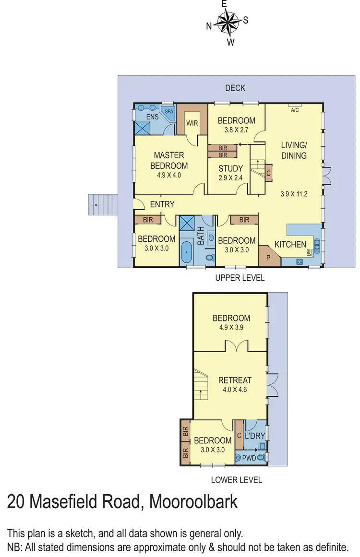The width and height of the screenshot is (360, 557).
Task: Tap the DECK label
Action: pyautogui.click(x=235, y=88)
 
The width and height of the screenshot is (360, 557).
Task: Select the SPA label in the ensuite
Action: pyautogui.click(x=169, y=111)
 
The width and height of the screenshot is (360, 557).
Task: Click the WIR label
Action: pyautogui.click(x=192, y=123)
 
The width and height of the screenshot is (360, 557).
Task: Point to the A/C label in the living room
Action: pyautogui.click(x=295, y=109)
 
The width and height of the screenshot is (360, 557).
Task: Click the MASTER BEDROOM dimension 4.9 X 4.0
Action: pyautogui.click(x=169, y=175)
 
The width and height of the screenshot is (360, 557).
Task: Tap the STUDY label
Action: pyautogui.click(x=231, y=169)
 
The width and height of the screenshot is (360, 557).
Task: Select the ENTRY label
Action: pyautogui.click(x=162, y=204)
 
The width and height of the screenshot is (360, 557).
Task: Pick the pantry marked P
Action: pyautogui.click(x=267, y=258)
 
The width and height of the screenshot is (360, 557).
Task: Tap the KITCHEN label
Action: pyautogui.click(x=290, y=245)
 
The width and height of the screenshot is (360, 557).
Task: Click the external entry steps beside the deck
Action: pyautogui.click(x=103, y=205)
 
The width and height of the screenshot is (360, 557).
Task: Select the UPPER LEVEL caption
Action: pyautogui.click(x=240, y=278)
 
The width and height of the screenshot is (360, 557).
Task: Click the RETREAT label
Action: pyautogui.click(x=235, y=380)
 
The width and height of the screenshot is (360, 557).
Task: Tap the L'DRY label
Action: pyautogui.click(x=254, y=436)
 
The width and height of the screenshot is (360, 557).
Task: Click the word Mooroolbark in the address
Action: pyautogui.click(x=194, y=502)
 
